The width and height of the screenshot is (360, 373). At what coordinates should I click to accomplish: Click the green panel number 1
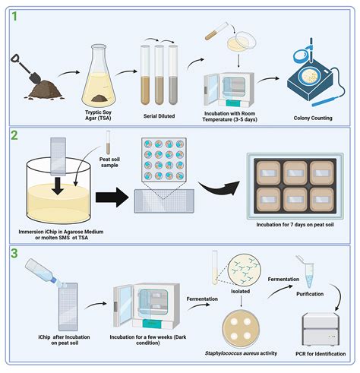click(x=14, y=16)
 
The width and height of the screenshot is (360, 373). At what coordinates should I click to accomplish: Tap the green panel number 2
click(x=14, y=135)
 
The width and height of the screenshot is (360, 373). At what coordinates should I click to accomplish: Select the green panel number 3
click(x=14, y=253)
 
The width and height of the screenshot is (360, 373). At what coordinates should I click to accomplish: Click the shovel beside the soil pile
click(x=25, y=69)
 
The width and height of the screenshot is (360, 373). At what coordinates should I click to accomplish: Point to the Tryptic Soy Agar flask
click(x=99, y=75)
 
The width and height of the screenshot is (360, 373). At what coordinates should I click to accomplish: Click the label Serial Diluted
click(x=159, y=116)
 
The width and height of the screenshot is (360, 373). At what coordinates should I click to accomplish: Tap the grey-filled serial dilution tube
click(x=173, y=74)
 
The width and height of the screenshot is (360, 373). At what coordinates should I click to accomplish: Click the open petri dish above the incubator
click(x=242, y=41)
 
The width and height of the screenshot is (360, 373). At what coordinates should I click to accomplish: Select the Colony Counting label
click(x=313, y=118)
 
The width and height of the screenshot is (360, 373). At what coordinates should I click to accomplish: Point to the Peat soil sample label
click(x=109, y=162)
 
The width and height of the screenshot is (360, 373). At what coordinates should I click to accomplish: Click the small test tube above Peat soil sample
click(x=108, y=142)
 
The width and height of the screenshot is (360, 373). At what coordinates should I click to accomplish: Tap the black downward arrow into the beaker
click(x=58, y=185)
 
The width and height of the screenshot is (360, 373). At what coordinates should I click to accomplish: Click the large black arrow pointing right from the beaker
click(x=112, y=197)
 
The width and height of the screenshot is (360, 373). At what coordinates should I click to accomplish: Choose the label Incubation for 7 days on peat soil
click(x=295, y=225)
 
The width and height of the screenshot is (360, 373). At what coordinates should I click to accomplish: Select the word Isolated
click(x=240, y=291)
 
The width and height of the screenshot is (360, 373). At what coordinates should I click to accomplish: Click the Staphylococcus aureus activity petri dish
click(x=241, y=329)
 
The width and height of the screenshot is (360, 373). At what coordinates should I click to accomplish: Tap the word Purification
click(x=310, y=294)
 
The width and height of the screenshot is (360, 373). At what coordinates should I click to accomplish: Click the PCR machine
click(x=321, y=329)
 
